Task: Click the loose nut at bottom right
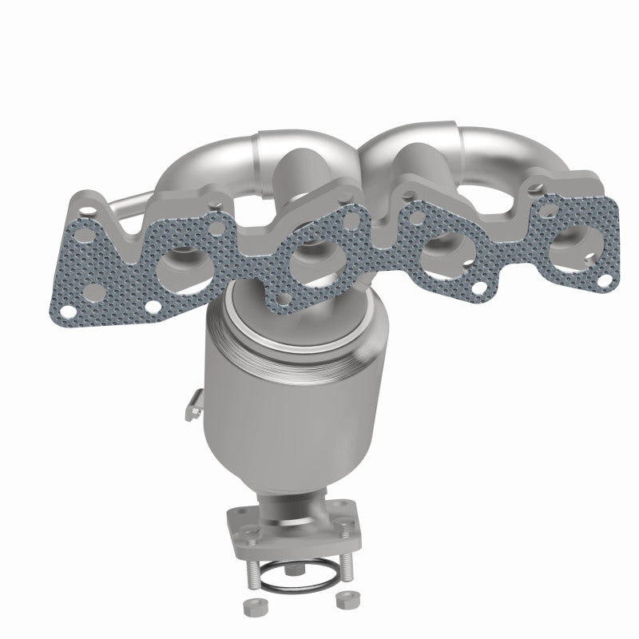[x=346, y=597]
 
